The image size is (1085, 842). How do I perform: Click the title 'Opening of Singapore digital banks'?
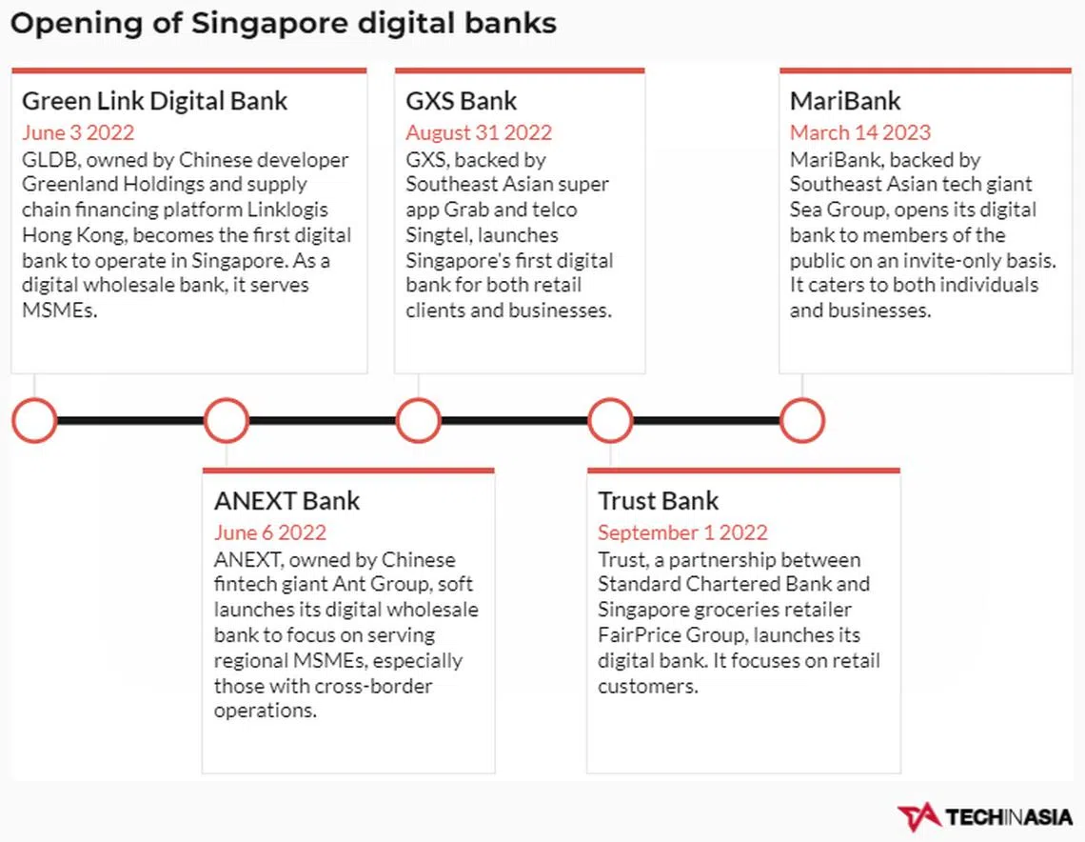point(283,24)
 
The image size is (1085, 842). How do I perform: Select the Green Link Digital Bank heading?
point(154,101)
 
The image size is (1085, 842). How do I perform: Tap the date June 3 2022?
point(78,132)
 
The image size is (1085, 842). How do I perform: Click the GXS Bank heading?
point(461,101)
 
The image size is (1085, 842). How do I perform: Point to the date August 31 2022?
point(479,132)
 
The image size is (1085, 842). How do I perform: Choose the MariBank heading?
point(845,101)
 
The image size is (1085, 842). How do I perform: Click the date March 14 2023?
point(860,132)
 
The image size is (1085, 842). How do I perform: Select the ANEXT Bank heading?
point(286,501)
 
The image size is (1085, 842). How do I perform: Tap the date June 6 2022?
point(270,531)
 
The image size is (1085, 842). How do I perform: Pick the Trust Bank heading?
point(658,501)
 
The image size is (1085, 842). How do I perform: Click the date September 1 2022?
point(683,531)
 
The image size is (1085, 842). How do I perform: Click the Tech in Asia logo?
point(985,817)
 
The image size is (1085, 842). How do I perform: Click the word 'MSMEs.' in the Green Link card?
point(60,311)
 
